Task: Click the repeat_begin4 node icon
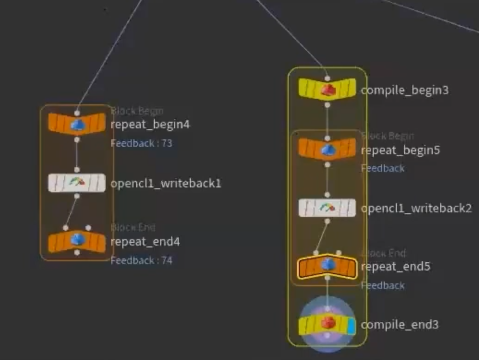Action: [x=77, y=124]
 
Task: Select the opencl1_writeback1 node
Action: [x=77, y=183]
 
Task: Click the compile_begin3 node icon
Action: [x=327, y=89]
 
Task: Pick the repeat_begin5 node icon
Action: [x=327, y=149]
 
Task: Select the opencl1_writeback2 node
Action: [x=327, y=208]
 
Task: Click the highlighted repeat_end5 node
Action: [x=327, y=266]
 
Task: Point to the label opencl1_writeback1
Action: [x=166, y=183]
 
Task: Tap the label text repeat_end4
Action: [x=145, y=241]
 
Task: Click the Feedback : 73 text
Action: [x=141, y=144]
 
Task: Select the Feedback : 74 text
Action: [x=141, y=261]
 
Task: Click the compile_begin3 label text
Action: [x=404, y=90]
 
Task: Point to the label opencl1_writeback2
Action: [x=416, y=208]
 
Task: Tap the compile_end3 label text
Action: [x=400, y=325]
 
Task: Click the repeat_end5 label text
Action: [x=395, y=266]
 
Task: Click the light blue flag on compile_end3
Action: [x=351, y=325]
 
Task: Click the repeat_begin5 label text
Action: [x=400, y=150]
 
